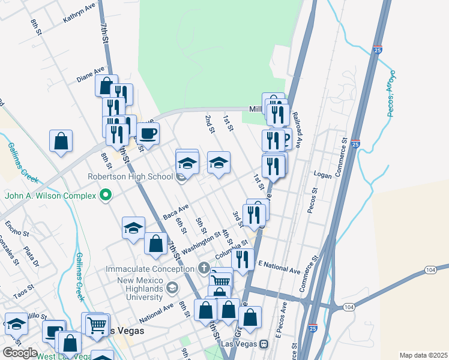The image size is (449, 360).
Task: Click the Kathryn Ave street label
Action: [x=80, y=12]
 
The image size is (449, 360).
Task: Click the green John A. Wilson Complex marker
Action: [x=107, y=195]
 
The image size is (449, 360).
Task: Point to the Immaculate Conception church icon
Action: [x=205, y=267]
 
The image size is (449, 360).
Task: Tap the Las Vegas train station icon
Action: [x=264, y=344]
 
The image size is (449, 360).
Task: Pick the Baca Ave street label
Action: [x=176, y=211]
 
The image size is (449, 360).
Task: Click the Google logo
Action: [x=20, y=352]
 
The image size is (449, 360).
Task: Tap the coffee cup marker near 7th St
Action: [x=148, y=133]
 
